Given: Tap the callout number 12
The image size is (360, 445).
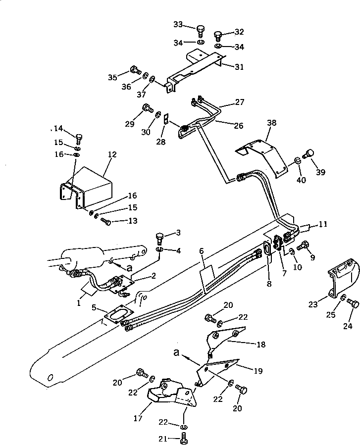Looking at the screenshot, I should pos(112,154).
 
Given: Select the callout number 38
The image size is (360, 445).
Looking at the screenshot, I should pos(272,123).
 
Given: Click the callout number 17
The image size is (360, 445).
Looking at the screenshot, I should pos(138,418).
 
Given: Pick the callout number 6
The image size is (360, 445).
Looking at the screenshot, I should pos(202,251).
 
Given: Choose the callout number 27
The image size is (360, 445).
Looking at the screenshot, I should pos(239,102).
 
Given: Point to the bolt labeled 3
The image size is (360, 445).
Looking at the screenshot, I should pos(160,237).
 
